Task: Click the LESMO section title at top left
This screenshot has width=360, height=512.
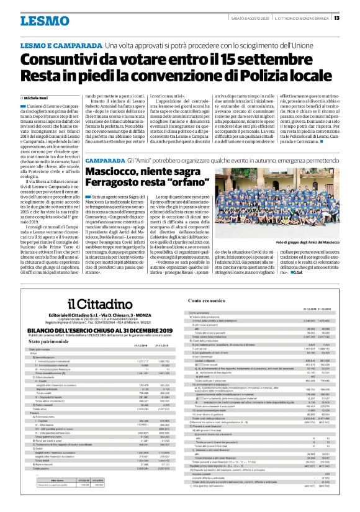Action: click(44, 20)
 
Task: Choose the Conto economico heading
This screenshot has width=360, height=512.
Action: click(206, 300)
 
